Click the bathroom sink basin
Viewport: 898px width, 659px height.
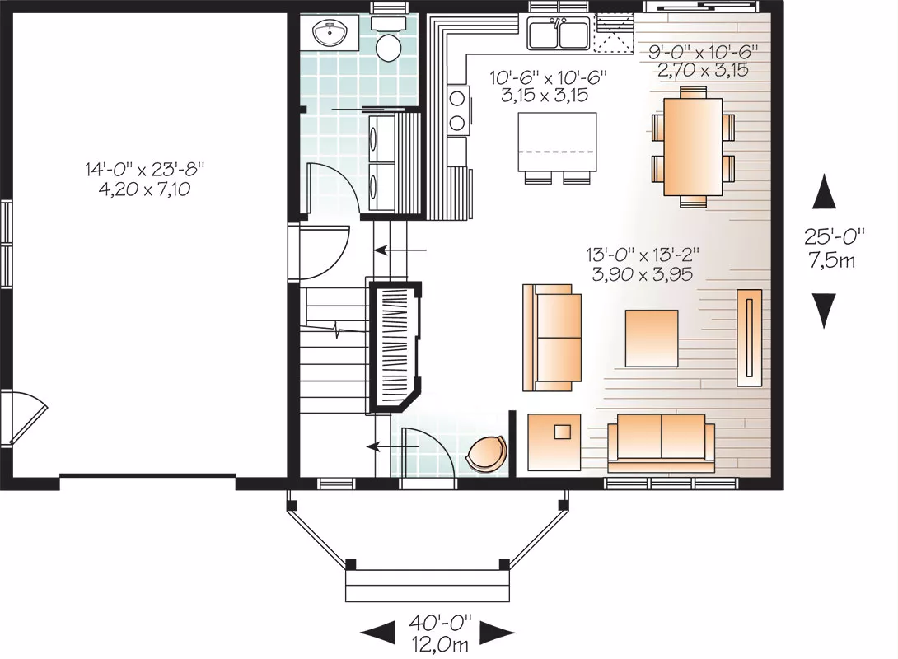point(331,33)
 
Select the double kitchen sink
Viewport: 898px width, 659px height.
point(559,33)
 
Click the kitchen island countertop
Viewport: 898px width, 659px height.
point(557,142)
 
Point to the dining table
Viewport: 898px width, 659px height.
point(692,147)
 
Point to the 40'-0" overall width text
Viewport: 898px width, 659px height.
point(440,621)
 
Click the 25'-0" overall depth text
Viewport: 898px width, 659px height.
point(834,236)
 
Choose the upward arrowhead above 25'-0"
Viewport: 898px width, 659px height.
point(824,192)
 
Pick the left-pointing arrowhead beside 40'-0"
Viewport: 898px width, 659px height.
point(377,633)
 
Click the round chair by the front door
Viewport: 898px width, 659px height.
point(486,453)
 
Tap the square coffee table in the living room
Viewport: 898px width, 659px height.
point(652,339)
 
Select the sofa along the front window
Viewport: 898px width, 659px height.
point(662,438)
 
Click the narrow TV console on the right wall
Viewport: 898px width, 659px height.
point(749,338)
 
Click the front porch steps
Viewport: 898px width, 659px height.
point(428,585)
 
